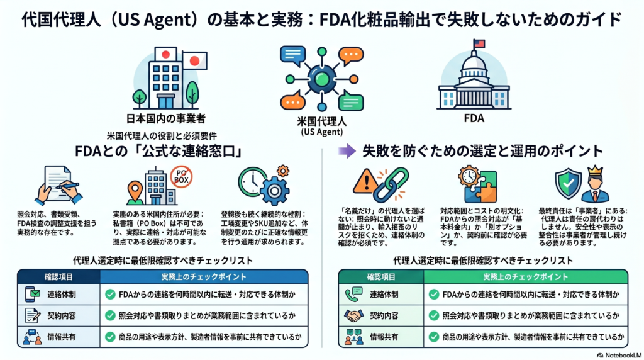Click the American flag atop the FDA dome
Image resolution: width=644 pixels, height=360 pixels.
pyautogui.click(x=479, y=43)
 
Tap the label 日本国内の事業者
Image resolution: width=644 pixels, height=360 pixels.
pyautogui.click(x=165, y=119)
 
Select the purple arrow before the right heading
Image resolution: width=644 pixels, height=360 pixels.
pyautogui.click(x=347, y=151)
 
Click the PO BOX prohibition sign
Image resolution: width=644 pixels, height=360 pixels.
pyautogui.click(x=181, y=177)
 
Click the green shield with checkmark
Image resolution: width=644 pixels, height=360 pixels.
pyautogui.click(x=568, y=183)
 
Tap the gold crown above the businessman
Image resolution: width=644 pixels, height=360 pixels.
pyautogui.click(x=595, y=171)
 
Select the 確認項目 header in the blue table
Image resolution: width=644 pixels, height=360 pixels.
pyautogui.click(x=58, y=277)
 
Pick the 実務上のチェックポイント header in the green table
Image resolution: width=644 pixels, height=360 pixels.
pyautogui.click(x=526, y=277)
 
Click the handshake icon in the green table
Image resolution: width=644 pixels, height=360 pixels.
pyautogui.click(x=353, y=315)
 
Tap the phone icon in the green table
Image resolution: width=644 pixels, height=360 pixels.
pyautogui.click(x=353, y=295)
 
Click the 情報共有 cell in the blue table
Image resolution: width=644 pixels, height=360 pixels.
pyautogui.click(x=61, y=337)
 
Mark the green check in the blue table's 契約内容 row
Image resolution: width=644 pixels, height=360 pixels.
pyautogui.click(x=110, y=315)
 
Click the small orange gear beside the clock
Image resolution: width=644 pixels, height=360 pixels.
pyautogui.click(x=282, y=171)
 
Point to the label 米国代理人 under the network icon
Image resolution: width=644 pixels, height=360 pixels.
pyautogui.click(x=321, y=121)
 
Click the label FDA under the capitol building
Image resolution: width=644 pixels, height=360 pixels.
pyautogui.click(x=474, y=118)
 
